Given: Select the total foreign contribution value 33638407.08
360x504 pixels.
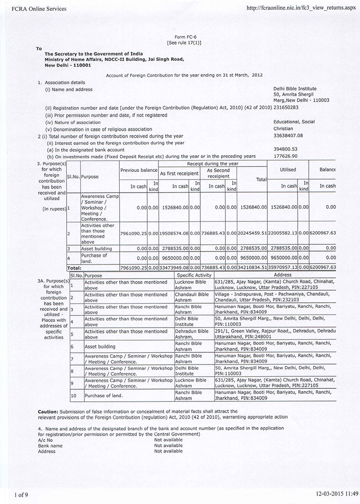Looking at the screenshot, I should point(288,135).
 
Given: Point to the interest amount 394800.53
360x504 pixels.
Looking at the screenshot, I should point(285,149).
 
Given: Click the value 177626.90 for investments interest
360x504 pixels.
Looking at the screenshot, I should point(285,156).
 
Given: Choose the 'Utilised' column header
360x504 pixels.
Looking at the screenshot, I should point(288,170).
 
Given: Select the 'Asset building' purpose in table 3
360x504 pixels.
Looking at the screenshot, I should point(97,248).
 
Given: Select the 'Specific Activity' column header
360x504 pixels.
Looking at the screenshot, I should point(194,275).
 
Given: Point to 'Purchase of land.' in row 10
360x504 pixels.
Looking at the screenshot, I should point(104,396).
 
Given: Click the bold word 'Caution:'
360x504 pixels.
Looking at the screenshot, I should point(49,411).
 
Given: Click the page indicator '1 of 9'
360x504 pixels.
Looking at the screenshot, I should point(21,495).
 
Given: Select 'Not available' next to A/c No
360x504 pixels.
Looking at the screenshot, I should point(168,440).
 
